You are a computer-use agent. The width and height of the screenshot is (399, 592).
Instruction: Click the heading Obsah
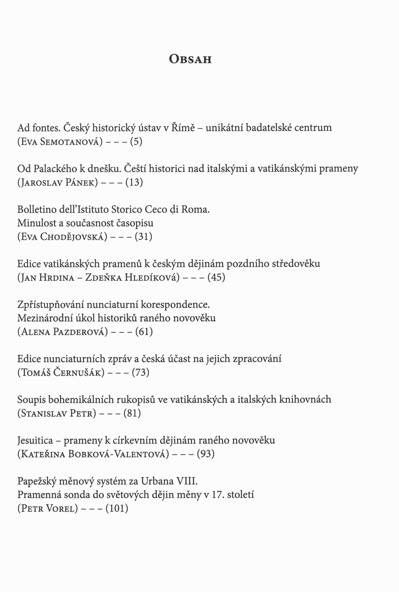[x=190, y=59]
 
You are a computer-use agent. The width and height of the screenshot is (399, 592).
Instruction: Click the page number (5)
[x=136, y=141]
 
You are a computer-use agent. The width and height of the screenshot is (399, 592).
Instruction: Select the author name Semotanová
[x=69, y=142]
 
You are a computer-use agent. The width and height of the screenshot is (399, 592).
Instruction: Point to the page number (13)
[x=134, y=182]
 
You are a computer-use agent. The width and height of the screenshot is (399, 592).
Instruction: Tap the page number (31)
[x=144, y=237]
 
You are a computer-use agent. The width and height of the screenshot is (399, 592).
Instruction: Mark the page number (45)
[x=216, y=277]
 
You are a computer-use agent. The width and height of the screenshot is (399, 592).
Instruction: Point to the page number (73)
[x=140, y=373]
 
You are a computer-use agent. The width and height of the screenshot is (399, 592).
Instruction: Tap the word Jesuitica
[x=35, y=440]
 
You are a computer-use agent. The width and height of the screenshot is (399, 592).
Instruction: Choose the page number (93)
[x=206, y=454]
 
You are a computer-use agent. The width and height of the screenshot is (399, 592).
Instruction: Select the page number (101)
[x=117, y=508]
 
